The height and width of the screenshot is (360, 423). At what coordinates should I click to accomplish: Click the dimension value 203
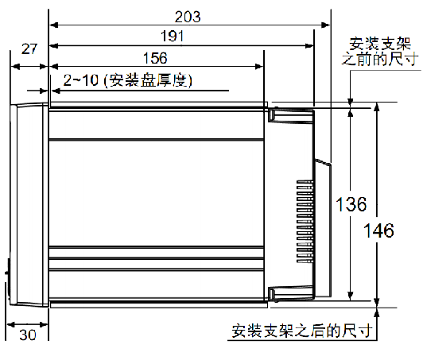[188, 17]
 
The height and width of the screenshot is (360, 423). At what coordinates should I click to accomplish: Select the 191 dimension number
[172, 36]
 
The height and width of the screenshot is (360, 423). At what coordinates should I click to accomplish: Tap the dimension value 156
[155, 58]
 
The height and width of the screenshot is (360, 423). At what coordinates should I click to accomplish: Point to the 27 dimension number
[29, 48]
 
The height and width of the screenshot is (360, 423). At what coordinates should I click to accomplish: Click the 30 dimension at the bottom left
[28, 335]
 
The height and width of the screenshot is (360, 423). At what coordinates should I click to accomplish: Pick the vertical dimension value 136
[351, 204]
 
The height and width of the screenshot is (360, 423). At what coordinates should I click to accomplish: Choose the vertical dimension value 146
[378, 230]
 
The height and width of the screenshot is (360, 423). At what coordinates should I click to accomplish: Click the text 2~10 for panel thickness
[80, 80]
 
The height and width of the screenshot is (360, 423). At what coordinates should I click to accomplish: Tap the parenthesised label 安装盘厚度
[148, 80]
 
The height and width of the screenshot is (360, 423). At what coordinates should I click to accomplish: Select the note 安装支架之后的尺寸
[302, 331]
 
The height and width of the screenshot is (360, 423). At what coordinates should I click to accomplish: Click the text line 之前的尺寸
[380, 60]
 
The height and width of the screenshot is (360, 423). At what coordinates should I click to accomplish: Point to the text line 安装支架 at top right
[380, 44]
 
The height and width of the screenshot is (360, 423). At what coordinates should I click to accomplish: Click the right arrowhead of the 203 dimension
[326, 25]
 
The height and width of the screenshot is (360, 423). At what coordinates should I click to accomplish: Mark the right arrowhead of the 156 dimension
[258, 66]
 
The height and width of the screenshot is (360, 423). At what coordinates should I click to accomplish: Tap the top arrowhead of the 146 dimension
[377, 106]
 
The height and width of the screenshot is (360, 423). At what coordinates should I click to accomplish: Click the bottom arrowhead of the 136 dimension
[350, 296]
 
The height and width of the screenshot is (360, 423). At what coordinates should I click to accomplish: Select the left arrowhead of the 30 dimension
[11, 324]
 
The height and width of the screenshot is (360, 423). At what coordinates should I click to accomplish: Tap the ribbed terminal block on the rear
[305, 221]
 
